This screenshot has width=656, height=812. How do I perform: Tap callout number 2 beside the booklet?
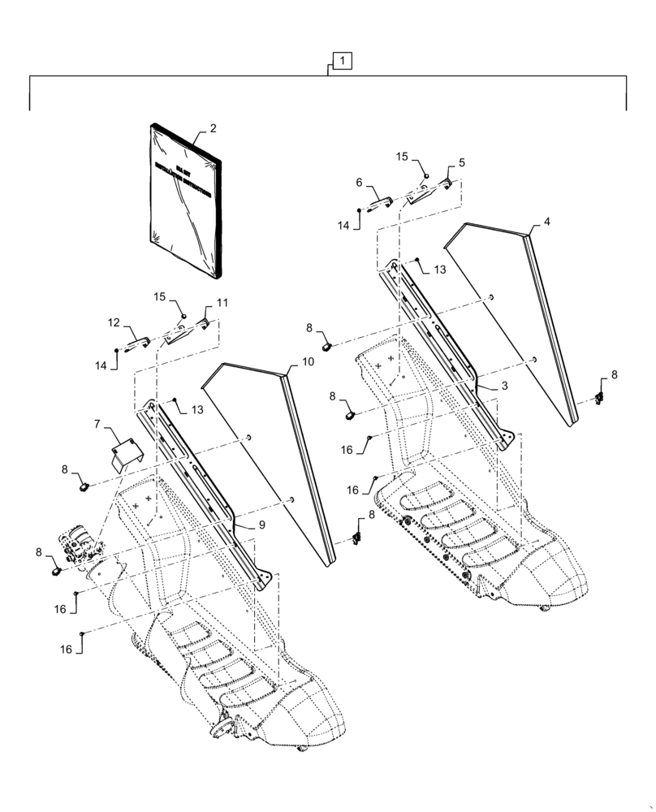(x=213, y=128)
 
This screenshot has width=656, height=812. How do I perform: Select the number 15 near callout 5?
(x=404, y=155)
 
